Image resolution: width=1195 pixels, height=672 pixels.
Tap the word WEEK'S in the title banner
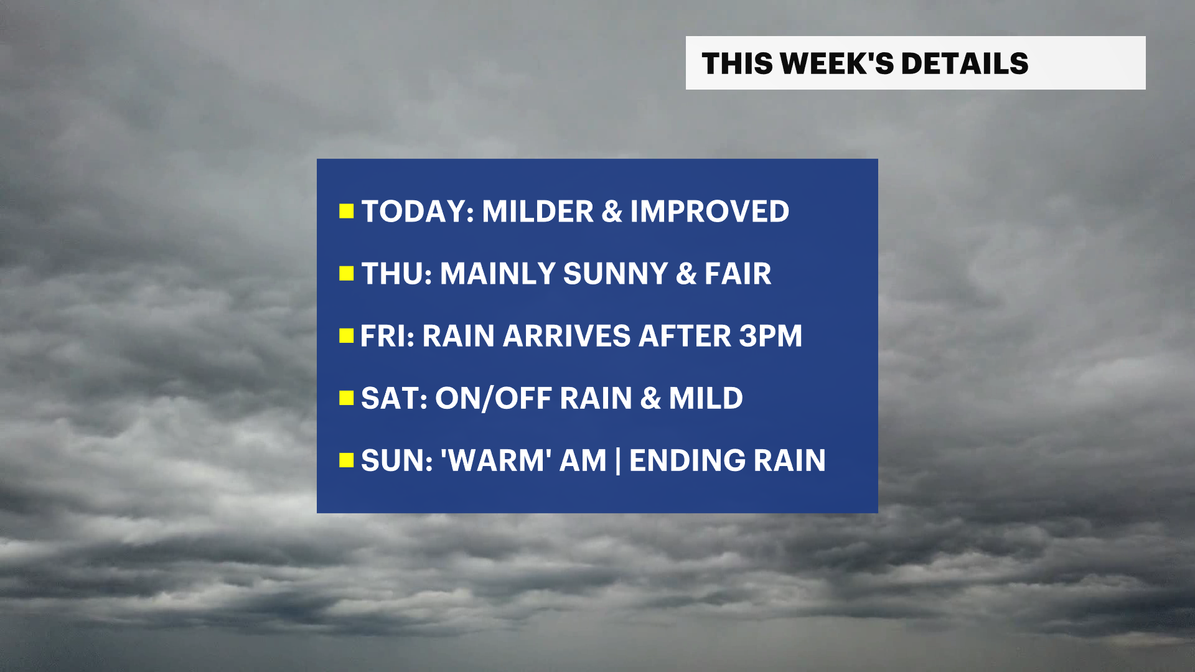pos(836,63)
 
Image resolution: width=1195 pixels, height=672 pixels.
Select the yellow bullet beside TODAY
pos(346,212)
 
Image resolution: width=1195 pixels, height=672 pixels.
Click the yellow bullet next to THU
pos(346,274)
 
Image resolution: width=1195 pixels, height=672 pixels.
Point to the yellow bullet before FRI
pos(346,336)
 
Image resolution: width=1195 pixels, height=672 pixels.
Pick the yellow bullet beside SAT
pos(346,398)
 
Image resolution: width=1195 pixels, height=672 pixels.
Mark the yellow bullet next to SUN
pos(346,460)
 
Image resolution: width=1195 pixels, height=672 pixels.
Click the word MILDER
pos(538,212)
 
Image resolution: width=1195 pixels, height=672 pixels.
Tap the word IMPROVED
pos(710,212)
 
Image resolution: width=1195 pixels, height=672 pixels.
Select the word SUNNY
pos(616,274)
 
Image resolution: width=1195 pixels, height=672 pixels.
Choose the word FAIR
pos(738,274)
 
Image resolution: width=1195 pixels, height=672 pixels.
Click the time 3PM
pos(771,336)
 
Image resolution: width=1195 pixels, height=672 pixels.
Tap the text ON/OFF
pos(493,398)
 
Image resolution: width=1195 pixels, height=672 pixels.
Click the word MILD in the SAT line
pos(706,398)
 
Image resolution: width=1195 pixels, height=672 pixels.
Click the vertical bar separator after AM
pos(617,461)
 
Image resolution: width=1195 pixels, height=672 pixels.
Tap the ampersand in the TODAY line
pos(612,212)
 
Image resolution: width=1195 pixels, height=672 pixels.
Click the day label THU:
pos(396,274)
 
